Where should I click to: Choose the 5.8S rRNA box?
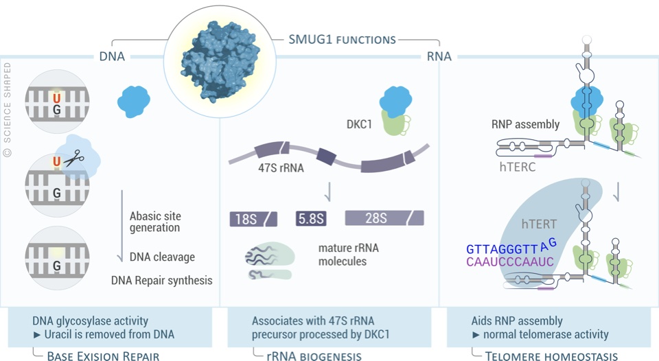pos(311,219)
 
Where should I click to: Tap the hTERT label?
pos(538,224)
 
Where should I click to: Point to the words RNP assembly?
pos(525,125)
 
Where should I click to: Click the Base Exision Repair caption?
pos(103,356)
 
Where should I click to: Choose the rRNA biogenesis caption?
pos(314,356)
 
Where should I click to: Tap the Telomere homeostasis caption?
pos(551,356)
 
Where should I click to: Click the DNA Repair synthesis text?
pos(161,280)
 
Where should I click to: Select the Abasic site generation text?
pos(155,222)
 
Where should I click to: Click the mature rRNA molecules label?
pos(348,255)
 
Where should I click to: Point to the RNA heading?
pos(439,56)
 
